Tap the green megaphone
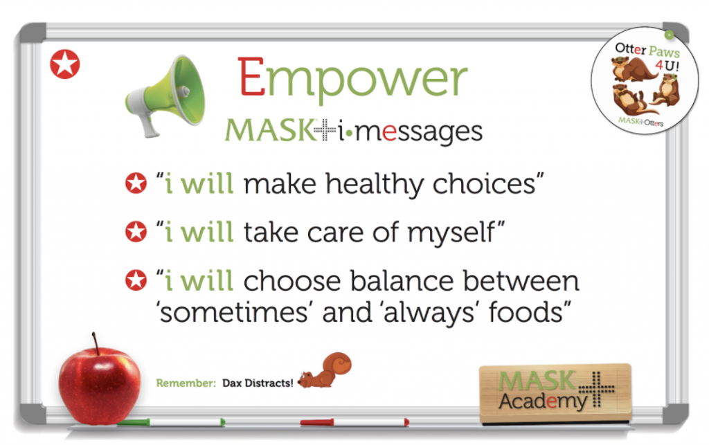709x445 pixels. (166, 96)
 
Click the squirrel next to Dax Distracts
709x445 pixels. (325, 370)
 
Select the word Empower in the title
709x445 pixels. (352, 78)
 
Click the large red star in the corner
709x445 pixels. (64, 64)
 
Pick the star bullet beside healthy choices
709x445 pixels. (136, 183)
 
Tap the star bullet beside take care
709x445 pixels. (136, 232)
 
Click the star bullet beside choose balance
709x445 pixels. (136, 280)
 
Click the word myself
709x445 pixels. (451, 233)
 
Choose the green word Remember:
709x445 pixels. (186, 383)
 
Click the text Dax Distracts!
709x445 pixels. (258, 383)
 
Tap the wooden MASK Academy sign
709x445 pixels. (555, 392)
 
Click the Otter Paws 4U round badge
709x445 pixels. (645, 81)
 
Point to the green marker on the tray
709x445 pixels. (170, 422)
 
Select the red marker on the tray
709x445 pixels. (354, 422)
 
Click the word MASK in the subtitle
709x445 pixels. (270, 130)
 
